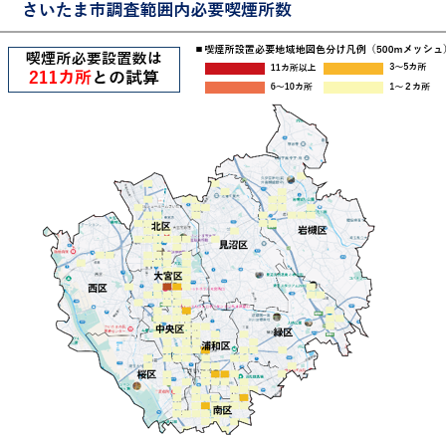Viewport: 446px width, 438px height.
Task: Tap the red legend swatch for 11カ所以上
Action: (235, 68)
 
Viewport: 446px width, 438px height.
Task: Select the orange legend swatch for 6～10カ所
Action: (235, 87)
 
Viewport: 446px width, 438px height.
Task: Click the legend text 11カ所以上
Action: (292, 68)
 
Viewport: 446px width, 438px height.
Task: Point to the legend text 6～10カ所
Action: (292, 87)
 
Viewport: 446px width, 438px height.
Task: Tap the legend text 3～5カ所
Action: (407, 68)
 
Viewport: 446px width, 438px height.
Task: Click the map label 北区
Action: (161, 227)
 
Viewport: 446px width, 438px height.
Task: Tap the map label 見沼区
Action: (232, 244)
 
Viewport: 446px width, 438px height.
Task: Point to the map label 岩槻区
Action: (312, 230)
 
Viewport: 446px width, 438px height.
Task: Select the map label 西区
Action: (97, 288)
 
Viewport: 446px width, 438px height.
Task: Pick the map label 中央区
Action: (169, 328)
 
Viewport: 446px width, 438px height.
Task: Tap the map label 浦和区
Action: (216, 346)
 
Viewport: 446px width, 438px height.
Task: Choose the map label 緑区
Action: (283, 332)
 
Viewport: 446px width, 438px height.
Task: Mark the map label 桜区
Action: (147, 374)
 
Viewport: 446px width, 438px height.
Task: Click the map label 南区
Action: (222, 410)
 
